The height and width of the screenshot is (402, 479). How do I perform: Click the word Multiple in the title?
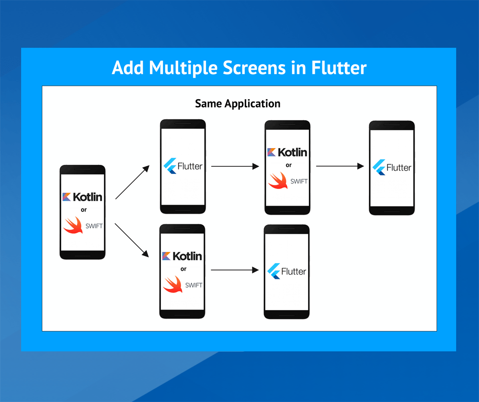(183, 68)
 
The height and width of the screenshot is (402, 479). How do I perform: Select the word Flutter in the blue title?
(339, 68)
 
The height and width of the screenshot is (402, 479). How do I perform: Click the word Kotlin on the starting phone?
(88, 196)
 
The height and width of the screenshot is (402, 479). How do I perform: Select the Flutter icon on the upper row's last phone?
(379, 167)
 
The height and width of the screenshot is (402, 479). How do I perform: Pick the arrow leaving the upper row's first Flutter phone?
(235, 166)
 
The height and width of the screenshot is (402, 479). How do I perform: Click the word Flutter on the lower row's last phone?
(293, 271)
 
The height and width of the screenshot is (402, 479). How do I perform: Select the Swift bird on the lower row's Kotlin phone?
(173, 284)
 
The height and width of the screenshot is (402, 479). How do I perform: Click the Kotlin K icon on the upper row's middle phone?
(271, 152)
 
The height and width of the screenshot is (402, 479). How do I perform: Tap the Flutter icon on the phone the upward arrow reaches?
(170, 166)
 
